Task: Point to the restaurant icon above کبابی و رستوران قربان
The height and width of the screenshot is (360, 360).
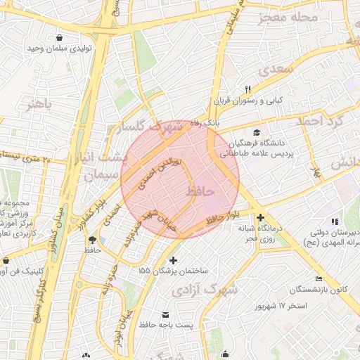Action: pos(247,89)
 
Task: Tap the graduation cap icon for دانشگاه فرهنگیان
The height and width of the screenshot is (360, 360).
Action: pos(256,132)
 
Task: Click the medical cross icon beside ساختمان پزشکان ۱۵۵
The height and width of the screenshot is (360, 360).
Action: pos(174,261)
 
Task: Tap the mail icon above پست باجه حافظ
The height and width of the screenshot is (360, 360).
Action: pos(166,314)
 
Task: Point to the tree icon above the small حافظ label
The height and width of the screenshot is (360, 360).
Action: pos(91,239)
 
